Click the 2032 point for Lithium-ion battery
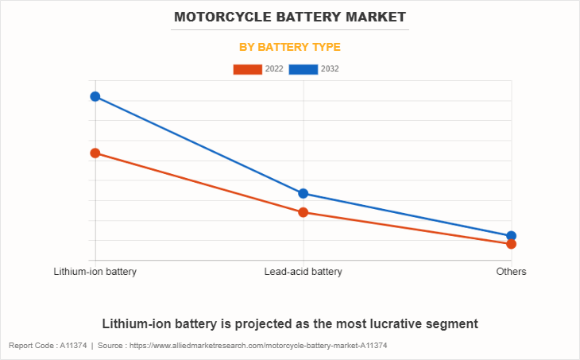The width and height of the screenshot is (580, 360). pyautogui.click(x=95, y=96)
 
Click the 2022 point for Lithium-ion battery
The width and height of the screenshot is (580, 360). pyautogui.click(x=95, y=153)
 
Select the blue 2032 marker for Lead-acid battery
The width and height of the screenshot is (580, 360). pyautogui.click(x=304, y=193)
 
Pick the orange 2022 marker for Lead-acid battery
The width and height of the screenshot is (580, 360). pyautogui.click(x=304, y=212)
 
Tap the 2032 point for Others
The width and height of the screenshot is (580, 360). pyautogui.click(x=512, y=236)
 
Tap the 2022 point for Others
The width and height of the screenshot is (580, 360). pyautogui.click(x=512, y=244)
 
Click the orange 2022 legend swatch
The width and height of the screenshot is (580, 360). pyautogui.click(x=247, y=69)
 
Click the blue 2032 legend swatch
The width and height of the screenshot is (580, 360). pyautogui.click(x=304, y=69)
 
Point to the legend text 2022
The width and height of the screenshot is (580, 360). pyautogui.click(x=274, y=69)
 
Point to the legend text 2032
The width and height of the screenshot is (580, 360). pyautogui.click(x=330, y=69)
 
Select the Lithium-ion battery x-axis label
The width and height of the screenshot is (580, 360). pyautogui.click(x=95, y=272)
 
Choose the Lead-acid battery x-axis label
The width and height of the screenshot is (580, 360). pyautogui.click(x=304, y=272)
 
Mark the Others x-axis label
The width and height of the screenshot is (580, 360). pyautogui.click(x=512, y=272)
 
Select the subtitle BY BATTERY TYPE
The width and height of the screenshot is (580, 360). pyautogui.click(x=290, y=47)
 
